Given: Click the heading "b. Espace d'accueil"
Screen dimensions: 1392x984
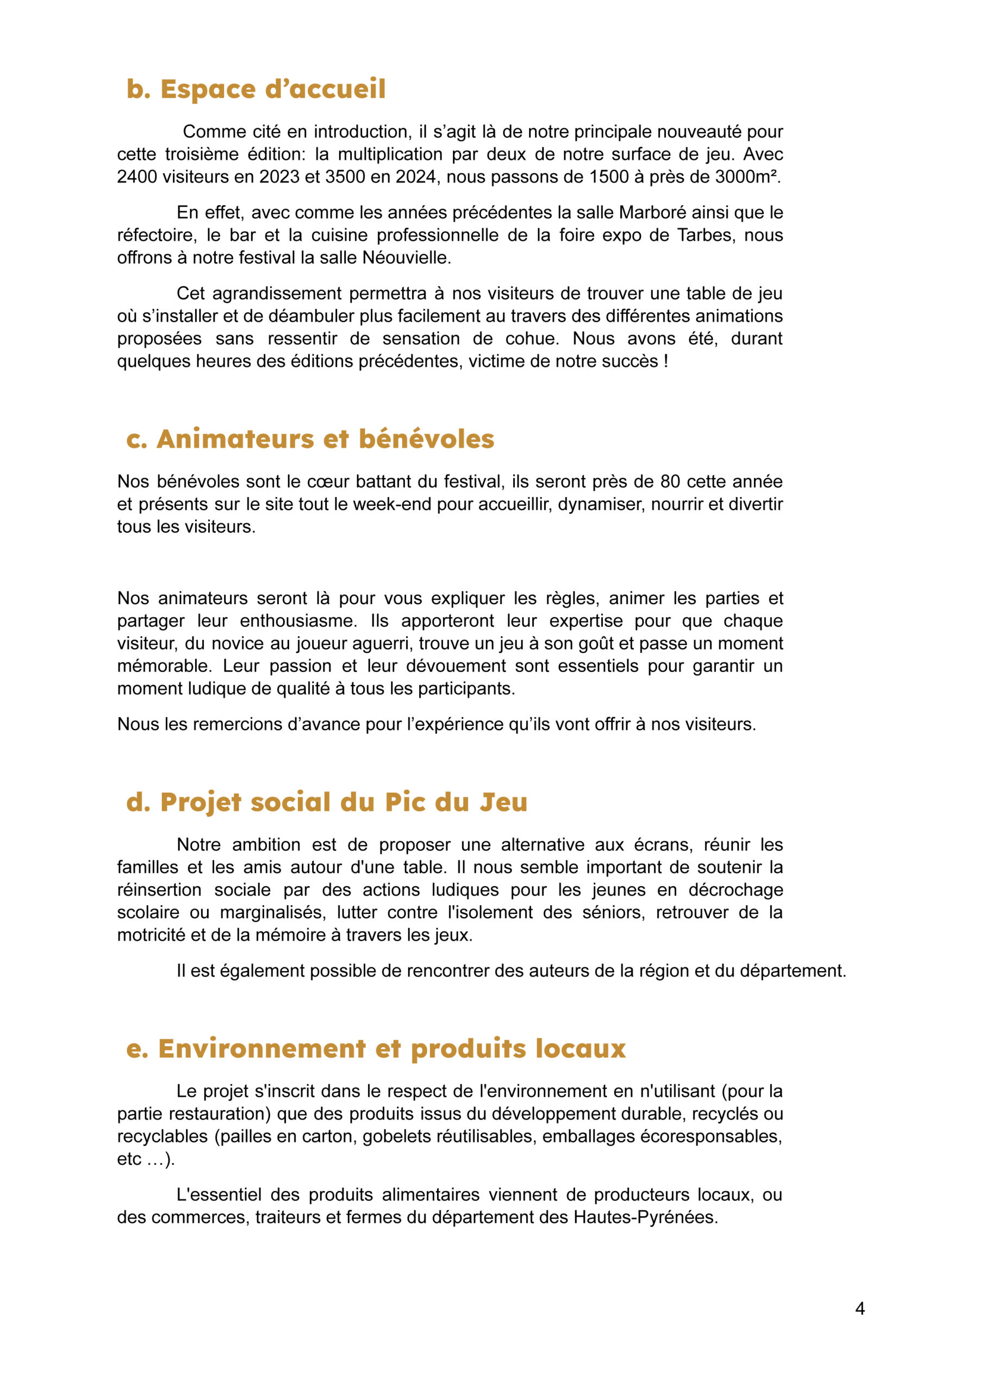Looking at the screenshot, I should coord(256,89).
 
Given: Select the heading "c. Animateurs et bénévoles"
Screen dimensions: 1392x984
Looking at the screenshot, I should coord(310,439).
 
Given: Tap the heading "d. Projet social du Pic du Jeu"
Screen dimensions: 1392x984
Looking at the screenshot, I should coord(327,802).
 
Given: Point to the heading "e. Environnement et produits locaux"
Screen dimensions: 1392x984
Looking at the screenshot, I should coord(376,1048).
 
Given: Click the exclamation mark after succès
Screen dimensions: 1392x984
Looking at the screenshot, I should coord(666,362).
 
